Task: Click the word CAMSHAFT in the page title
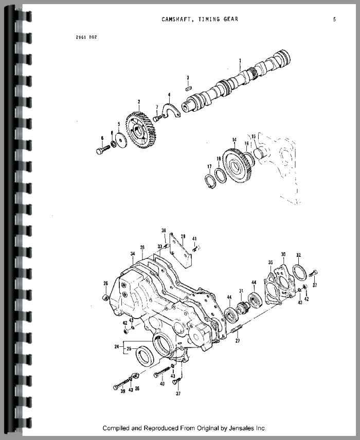click(x=177, y=20)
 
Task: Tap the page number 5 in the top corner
click(x=334, y=20)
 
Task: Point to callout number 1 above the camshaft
click(x=240, y=61)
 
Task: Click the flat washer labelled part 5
click(x=120, y=139)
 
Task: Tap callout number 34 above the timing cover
click(x=132, y=254)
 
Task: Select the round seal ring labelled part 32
click(x=299, y=271)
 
